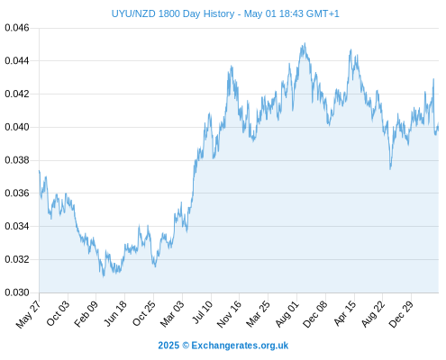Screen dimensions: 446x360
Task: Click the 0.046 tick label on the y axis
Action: pos(17,28)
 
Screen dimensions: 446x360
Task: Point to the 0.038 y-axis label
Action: pos(17,160)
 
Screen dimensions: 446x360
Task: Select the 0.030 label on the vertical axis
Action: pos(17,292)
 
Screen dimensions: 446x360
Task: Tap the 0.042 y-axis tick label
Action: pos(17,94)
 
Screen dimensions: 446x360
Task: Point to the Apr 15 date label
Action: pos(345,313)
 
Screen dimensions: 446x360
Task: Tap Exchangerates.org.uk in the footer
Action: pos(240,346)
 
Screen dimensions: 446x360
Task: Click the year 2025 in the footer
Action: pos(168,346)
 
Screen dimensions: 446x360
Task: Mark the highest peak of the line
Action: pos(305,43)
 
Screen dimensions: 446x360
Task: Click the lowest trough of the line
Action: pos(104,276)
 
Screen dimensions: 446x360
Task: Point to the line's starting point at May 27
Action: pos(40,170)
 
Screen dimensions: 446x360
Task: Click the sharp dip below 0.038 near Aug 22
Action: pos(390,169)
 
